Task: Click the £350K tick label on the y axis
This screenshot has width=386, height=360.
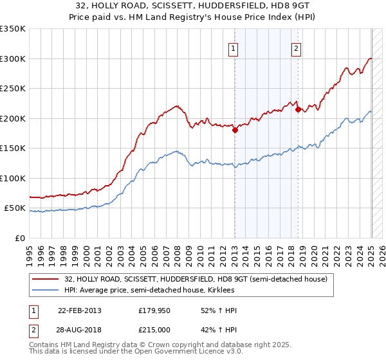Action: coord(13,29)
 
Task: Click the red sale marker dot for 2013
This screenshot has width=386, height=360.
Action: coord(235,130)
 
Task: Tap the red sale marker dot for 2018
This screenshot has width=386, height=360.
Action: coord(298,109)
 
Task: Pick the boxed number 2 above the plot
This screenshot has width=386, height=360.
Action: coord(296,46)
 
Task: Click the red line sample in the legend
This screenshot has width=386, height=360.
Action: coord(46,279)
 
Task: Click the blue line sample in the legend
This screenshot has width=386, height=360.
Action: coord(46,291)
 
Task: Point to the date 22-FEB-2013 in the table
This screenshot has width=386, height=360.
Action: coord(80,310)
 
